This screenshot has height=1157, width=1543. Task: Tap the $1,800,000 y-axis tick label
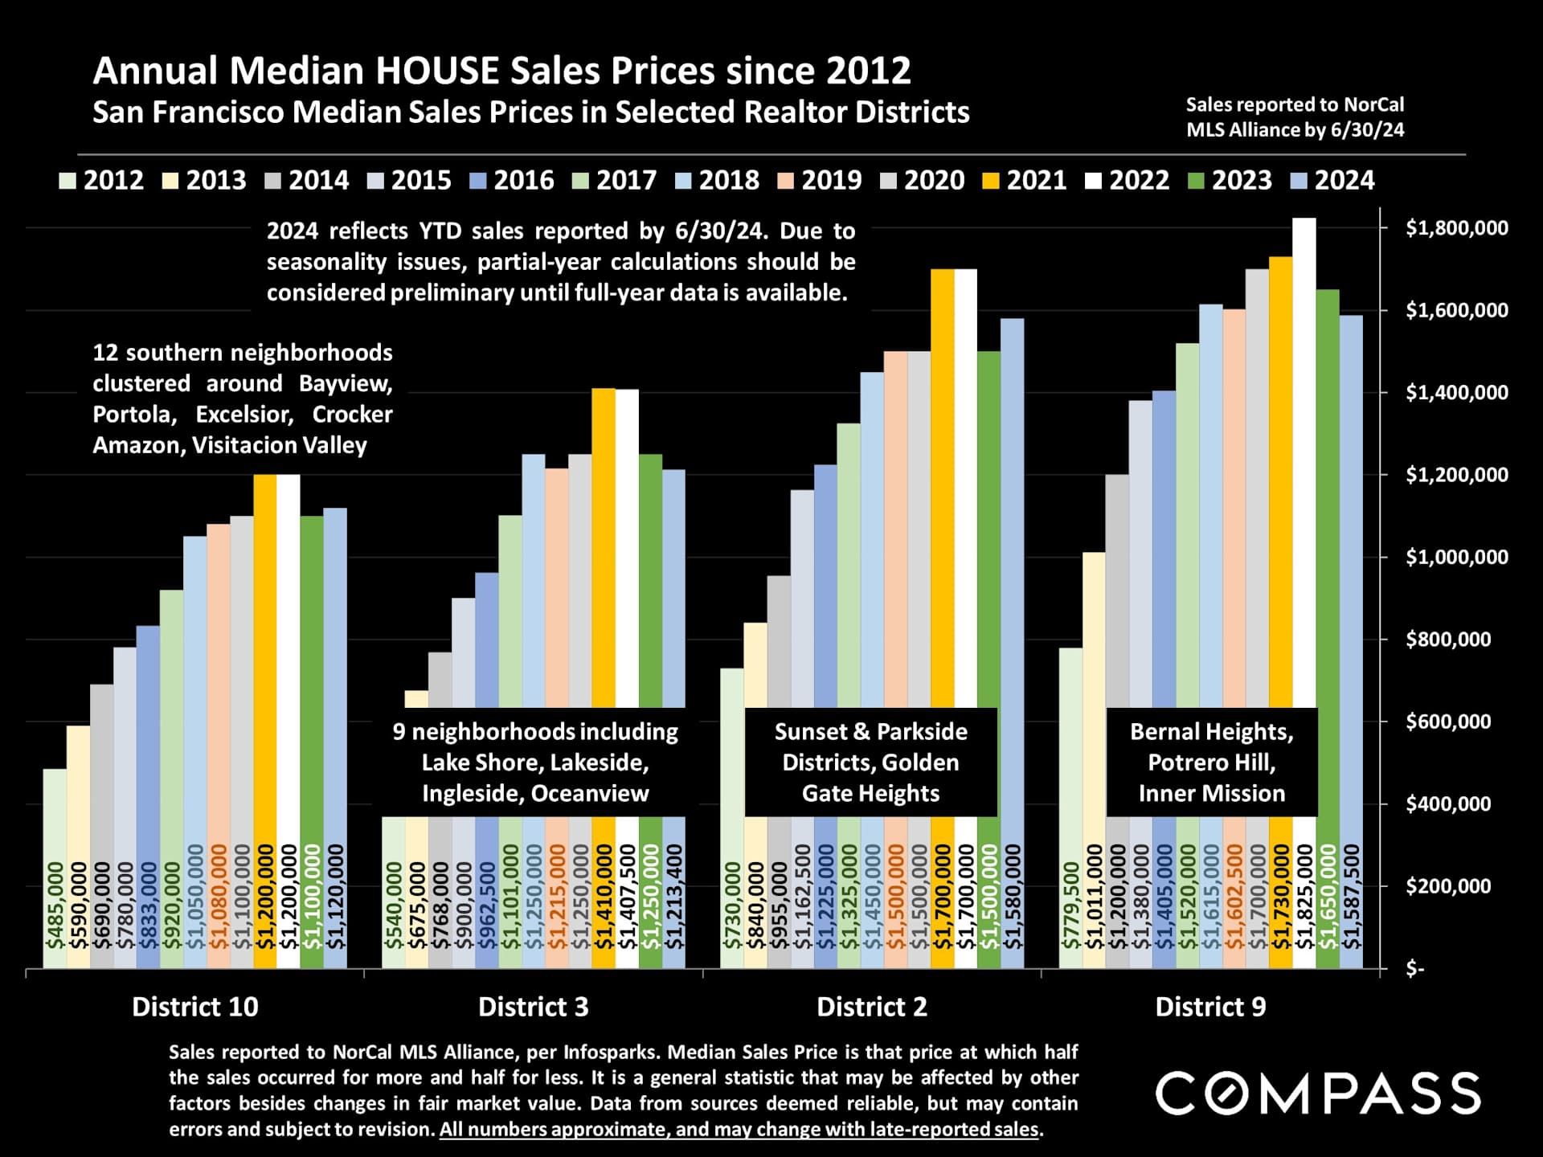pos(1456,228)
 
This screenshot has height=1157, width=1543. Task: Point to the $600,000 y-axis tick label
pos(1448,722)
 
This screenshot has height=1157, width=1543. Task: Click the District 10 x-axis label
pos(195,1007)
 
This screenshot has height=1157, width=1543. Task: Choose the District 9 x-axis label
pos(1210,1007)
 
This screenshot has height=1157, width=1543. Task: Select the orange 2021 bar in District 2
pos(943,482)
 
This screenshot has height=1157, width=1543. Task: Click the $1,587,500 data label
pos(1352,896)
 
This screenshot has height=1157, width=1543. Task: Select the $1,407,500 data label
pos(628,896)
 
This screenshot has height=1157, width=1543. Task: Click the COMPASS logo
pos(1318,1093)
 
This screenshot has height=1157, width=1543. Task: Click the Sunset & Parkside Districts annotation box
pos(871,762)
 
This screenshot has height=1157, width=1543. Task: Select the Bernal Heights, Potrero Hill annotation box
pos(1211,762)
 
